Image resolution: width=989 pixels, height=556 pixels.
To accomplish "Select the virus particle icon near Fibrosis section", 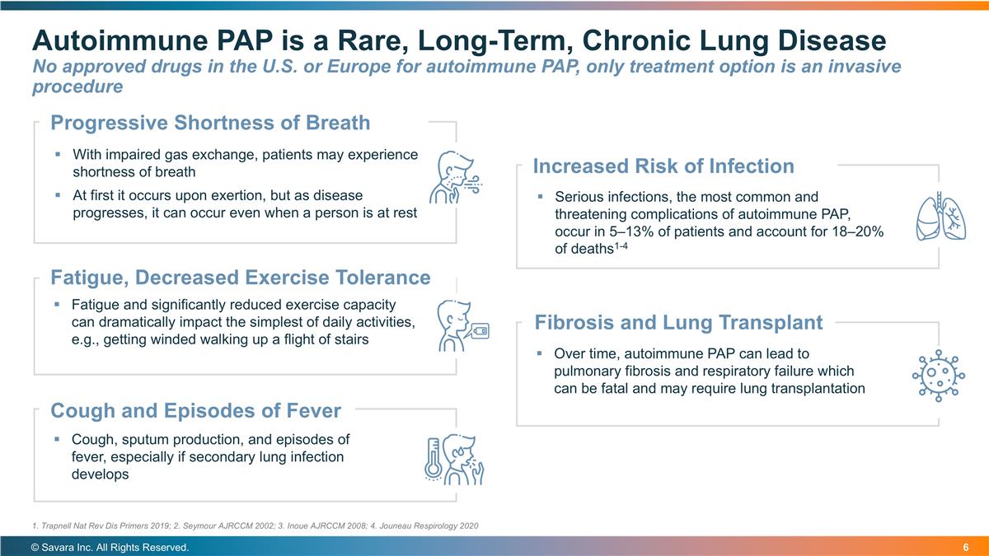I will pos(938,375).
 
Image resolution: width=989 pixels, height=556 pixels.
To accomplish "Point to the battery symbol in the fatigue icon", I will pos(479,331).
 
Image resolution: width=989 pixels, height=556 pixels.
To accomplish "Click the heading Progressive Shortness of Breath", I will pos(210,124).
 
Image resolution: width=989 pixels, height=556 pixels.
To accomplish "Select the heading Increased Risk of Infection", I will pos(663,166).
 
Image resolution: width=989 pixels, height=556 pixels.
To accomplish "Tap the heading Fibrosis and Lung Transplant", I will pos(678,322).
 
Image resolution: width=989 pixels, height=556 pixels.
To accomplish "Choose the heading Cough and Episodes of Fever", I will pos(195,410).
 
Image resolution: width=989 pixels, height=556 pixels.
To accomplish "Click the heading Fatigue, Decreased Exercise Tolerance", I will pos(240,278).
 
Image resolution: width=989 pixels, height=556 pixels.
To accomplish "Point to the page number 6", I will pos(965,548).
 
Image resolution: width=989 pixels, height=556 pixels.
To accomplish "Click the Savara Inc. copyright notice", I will pos(110,548).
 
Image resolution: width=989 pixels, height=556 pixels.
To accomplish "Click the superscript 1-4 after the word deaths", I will pos(624,246).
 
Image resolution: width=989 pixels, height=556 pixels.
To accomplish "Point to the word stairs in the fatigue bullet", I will pos(350,339).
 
